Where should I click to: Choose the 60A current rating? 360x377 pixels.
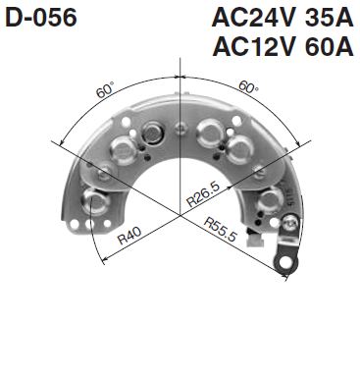click(x=326, y=47)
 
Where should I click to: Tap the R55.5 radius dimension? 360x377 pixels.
click(x=222, y=228)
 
